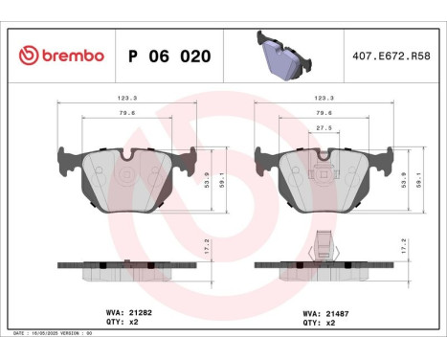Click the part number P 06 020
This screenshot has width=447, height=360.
161,56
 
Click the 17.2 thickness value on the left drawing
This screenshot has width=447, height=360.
206,245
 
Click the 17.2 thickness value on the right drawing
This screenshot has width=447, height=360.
402,245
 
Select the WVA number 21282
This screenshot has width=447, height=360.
140,312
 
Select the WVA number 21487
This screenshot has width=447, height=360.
335,312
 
